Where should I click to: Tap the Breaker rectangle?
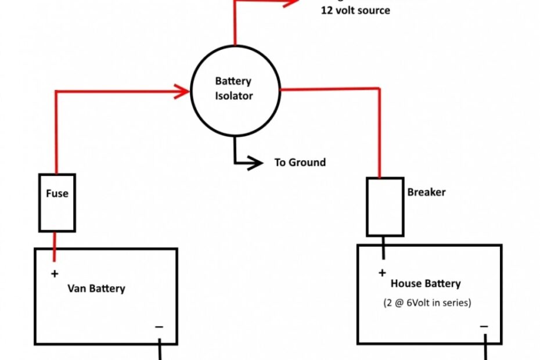coord(384,207)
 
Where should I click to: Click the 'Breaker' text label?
coord(426,192)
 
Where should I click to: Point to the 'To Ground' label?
coord(300,163)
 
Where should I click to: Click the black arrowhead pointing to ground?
coord(255,163)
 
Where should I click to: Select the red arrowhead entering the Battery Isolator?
coord(183,91)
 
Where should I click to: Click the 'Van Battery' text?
coord(96,289)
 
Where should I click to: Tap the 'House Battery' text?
coord(426,284)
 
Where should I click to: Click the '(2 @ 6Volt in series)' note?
coord(427,303)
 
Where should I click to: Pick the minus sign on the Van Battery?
coord(159,327)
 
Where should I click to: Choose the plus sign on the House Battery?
coord(382,272)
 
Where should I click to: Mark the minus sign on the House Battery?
coord(484,327)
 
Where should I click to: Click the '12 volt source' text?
coord(355,10)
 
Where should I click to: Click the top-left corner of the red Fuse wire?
coord(56,91)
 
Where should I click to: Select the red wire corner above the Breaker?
coord(380,89)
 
